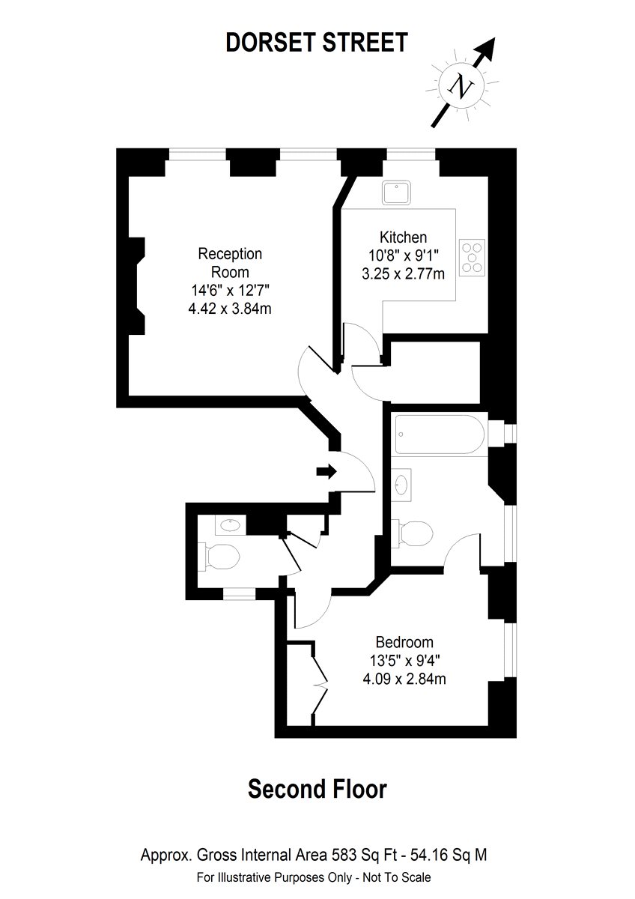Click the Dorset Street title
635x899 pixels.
(317, 43)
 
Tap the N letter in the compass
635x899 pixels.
(461, 85)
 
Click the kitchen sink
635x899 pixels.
(396, 193)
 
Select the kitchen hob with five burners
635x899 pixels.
(472, 257)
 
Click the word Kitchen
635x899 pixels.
(403, 237)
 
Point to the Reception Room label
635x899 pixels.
(230, 263)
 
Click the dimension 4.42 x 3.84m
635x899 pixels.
(230, 309)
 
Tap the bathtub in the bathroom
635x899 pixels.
(440, 435)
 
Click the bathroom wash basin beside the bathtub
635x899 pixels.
(401, 485)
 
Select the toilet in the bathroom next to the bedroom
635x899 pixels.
(413, 533)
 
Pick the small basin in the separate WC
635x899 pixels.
(231, 525)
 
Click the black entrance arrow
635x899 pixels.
(326, 471)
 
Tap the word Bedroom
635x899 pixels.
(404, 642)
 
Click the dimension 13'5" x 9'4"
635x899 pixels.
(404, 661)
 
